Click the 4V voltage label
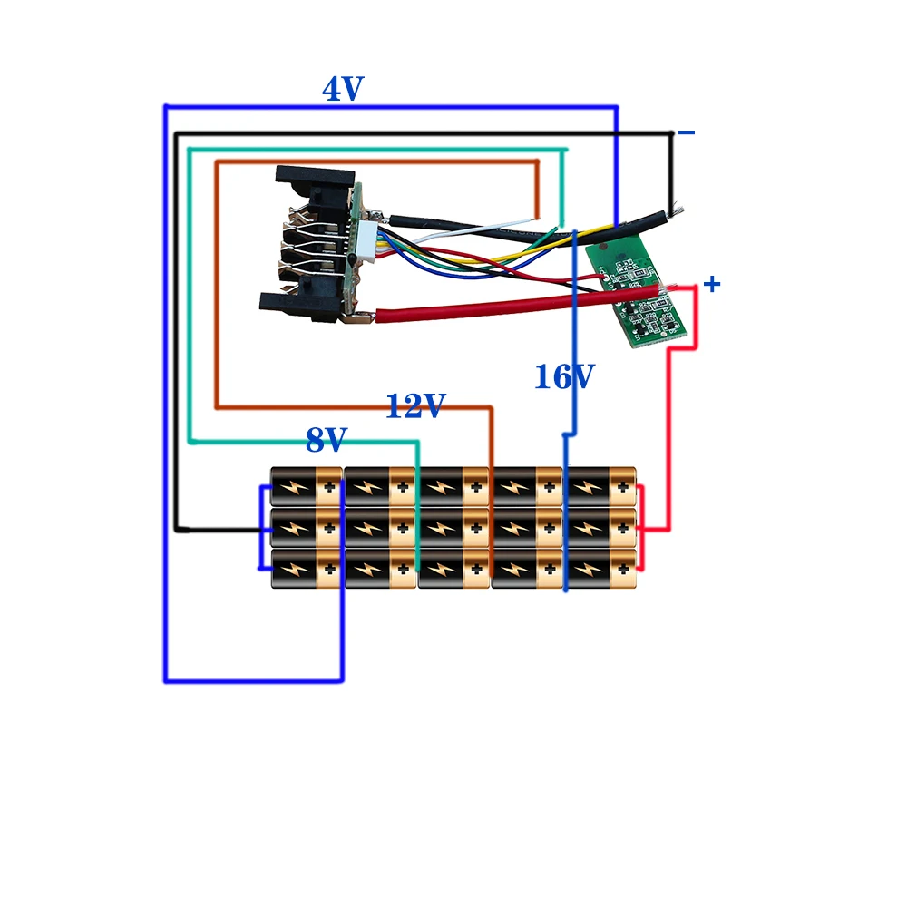(x=343, y=89)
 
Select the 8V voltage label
(x=327, y=440)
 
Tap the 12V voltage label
(x=415, y=406)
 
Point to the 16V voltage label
(x=564, y=376)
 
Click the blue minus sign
(x=687, y=133)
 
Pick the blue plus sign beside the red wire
(x=712, y=284)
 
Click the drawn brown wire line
(x=217, y=290)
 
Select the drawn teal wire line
(x=190, y=299)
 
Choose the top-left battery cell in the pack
(x=306, y=486)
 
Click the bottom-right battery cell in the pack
(x=600, y=569)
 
